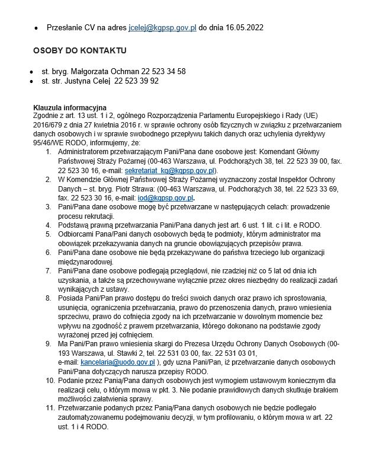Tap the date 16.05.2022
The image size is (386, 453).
[x=241, y=27]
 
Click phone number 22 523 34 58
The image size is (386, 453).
[x=163, y=71]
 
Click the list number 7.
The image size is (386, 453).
[x=48, y=270]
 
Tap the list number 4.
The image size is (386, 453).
[x=48, y=224]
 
